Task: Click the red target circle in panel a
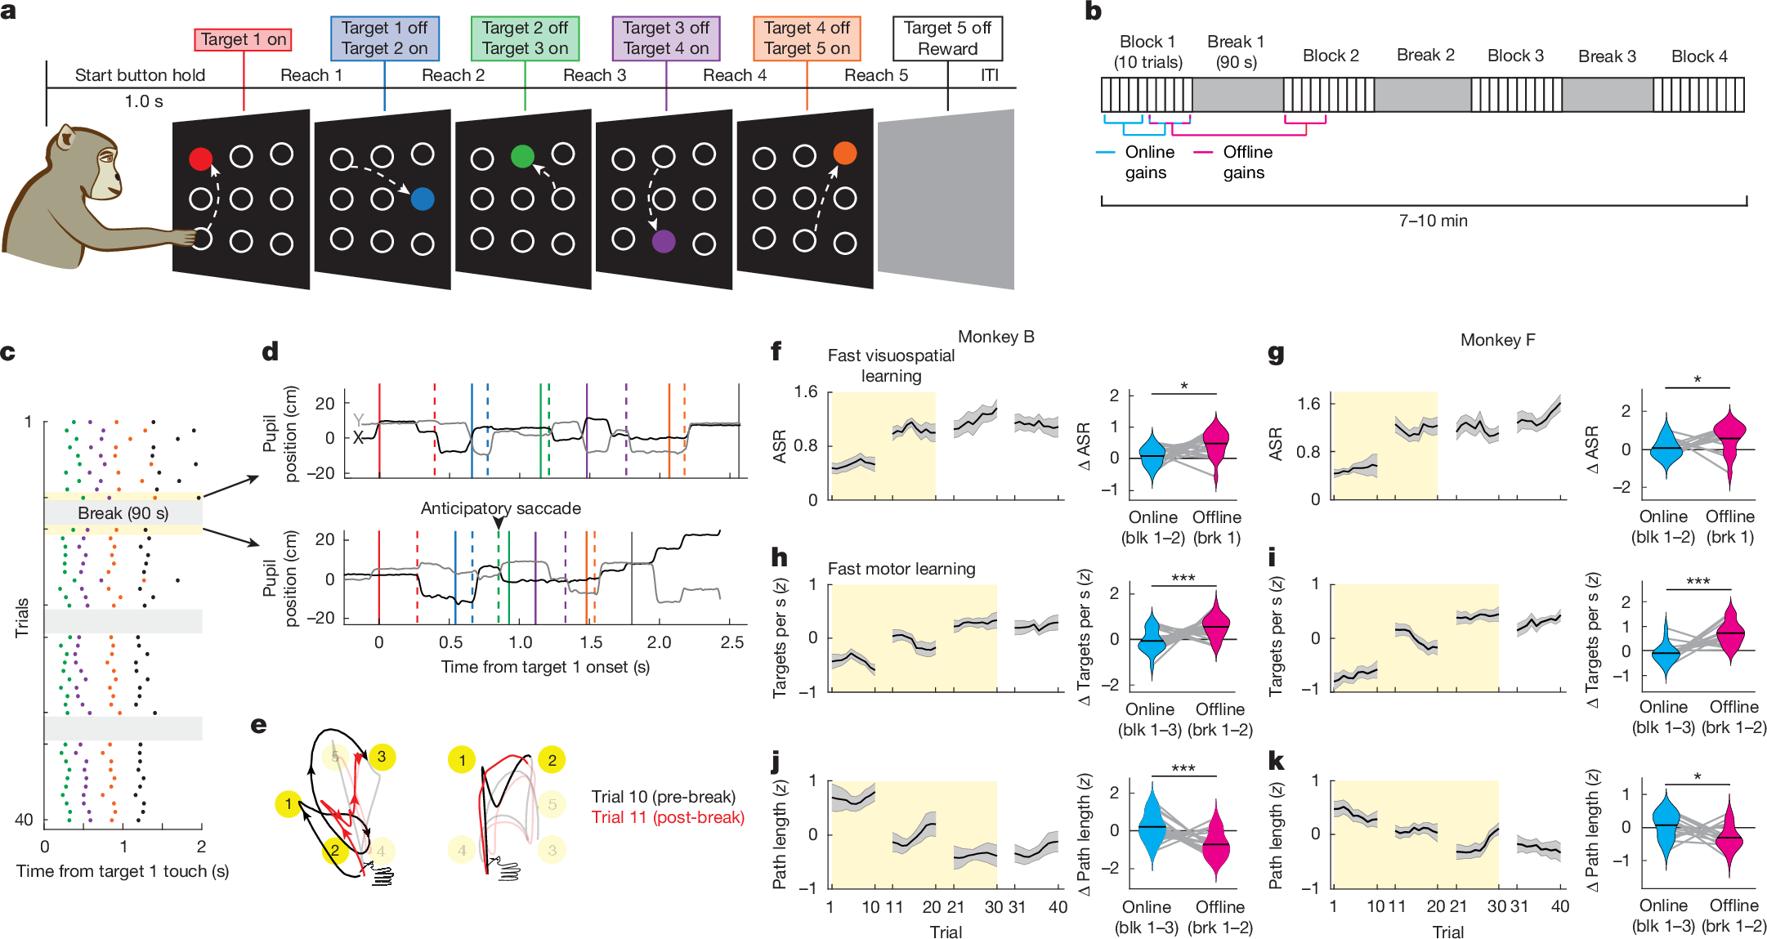[200, 159]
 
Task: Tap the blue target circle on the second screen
[422, 199]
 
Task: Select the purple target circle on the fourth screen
[664, 241]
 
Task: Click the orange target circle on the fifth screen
[844, 153]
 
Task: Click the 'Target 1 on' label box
[244, 39]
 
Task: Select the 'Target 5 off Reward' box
[947, 38]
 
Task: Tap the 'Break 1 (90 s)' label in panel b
[1236, 51]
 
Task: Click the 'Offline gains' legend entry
[1242, 162]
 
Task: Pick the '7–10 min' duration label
[1433, 221]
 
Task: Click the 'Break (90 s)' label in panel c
[123, 513]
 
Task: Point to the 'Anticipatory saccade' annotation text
[500, 508]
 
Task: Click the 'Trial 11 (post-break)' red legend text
[668, 817]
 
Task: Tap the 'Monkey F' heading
[1497, 340]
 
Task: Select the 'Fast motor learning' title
[901, 569]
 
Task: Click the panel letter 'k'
[1275, 762]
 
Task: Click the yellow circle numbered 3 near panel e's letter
[381, 757]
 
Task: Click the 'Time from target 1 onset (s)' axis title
[545, 667]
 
